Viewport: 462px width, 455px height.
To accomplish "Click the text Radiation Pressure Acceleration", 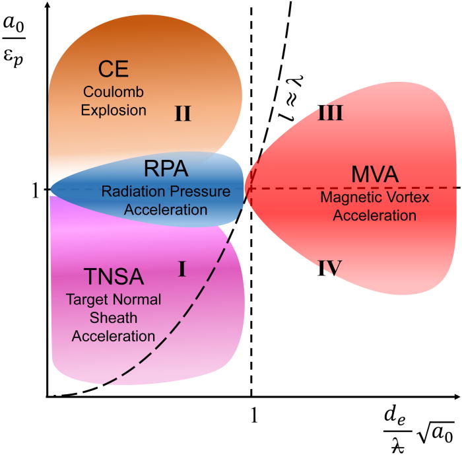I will (x=166, y=200).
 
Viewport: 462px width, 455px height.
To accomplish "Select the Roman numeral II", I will (x=182, y=114).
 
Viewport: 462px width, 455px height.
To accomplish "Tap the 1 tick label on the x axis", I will (x=252, y=414).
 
